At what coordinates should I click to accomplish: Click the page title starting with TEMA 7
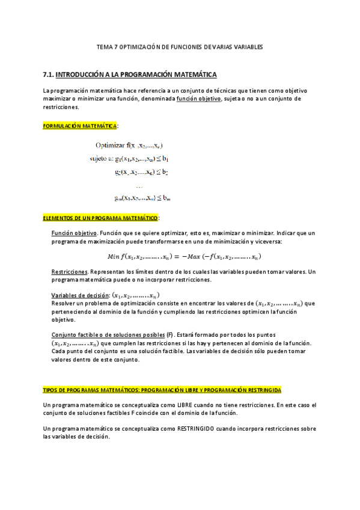180,46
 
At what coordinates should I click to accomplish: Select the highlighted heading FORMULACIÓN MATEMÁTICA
81,126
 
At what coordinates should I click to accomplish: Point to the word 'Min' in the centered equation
113,257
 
